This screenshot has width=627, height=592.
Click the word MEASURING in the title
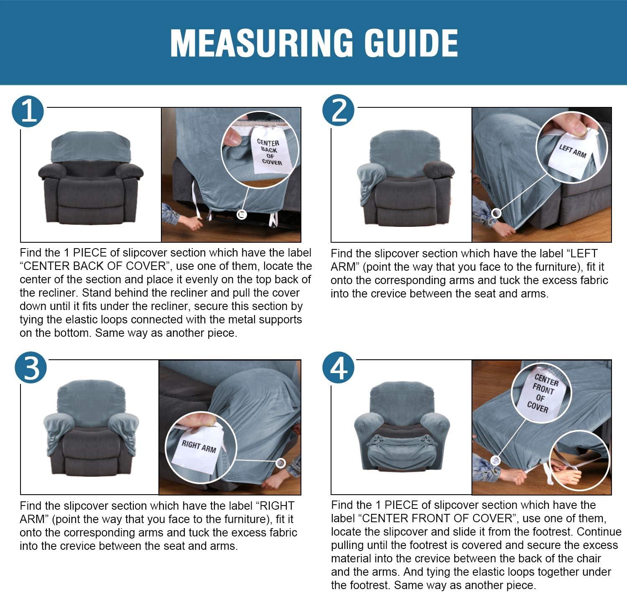[x=262, y=43]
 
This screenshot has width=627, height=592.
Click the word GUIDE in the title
[x=411, y=43]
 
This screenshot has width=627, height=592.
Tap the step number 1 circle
[x=28, y=112]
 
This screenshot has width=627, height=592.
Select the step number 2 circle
[x=338, y=110]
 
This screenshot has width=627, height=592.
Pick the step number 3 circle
[x=31, y=368]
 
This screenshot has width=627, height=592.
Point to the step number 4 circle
[x=338, y=368]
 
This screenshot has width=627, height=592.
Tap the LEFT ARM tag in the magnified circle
[x=572, y=152]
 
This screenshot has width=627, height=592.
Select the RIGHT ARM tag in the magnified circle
[x=198, y=447]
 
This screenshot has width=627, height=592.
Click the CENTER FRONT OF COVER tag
[x=543, y=393]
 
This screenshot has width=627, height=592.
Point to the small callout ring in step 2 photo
[x=497, y=213]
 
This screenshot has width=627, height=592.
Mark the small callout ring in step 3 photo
[x=280, y=463]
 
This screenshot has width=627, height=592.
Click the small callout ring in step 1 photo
[x=242, y=215]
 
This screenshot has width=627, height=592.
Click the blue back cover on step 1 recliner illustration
[x=91, y=146]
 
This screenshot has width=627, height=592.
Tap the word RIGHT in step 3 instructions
[x=276, y=506]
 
